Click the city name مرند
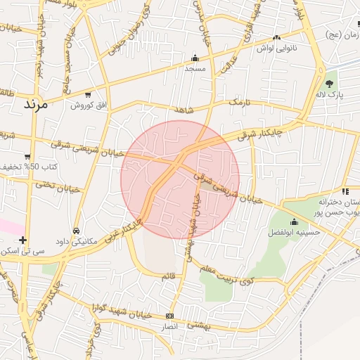tap(34, 105)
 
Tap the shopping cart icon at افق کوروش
tap(87, 94)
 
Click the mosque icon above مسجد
tap(195, 58)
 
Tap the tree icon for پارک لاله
tap(330, 84)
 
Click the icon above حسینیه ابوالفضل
tap(294, 221)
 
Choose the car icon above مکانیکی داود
tap(75, 231)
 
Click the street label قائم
tap(168, 276)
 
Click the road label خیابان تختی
tap(55, 187)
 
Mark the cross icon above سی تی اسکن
tap(24, 240)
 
